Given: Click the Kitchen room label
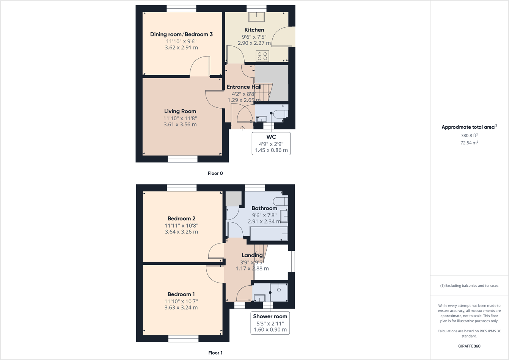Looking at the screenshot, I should point(254,30).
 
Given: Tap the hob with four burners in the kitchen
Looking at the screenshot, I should point(262,56).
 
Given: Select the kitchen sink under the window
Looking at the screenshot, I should point(256,17).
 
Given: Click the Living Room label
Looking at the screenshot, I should point(180,111).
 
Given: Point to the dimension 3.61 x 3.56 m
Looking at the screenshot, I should point(180,124).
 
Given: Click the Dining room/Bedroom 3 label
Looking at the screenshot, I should point(181,35).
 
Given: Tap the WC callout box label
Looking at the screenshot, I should point(271,137).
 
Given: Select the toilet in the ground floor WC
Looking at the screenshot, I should point(281,114).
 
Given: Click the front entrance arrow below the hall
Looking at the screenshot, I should point(242,129).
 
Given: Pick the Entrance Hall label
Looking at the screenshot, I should point(244,87).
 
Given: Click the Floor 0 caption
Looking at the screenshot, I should point(215,173).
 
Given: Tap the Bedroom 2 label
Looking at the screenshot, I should point(181,219).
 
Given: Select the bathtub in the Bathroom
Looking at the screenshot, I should point(269,234).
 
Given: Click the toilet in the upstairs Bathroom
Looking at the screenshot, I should point(281,201).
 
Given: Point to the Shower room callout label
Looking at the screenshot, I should point(270,316).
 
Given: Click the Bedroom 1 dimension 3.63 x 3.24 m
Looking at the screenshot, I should point(181,308).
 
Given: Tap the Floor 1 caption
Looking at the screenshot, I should point(215,353).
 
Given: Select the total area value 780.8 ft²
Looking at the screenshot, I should point(469,135).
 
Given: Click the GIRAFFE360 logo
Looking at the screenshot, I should point(469,346).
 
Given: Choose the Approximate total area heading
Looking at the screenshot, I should point(469,127).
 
